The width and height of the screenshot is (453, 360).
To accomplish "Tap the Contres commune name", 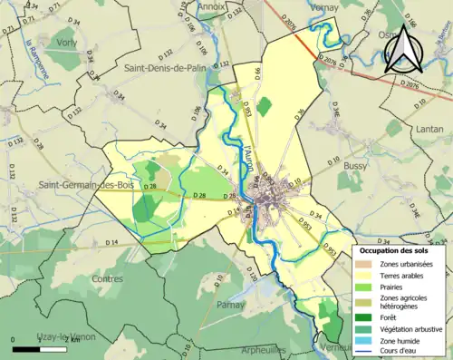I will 108,279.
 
